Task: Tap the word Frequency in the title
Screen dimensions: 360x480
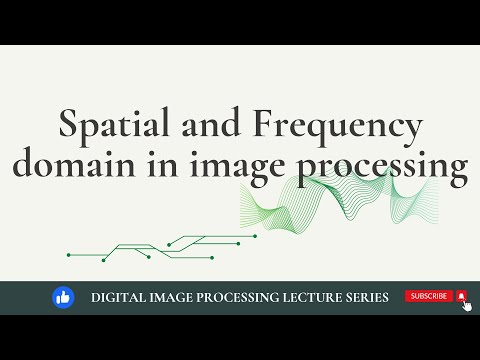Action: pyautogui.click(x=338, y=128)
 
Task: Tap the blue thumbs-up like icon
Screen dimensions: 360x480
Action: pyautogui.click(x=63, y=297)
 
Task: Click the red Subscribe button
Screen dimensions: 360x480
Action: pyautogui.click(x=428, y=296)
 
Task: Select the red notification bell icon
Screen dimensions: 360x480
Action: pyautogui.click(x=461, y=296)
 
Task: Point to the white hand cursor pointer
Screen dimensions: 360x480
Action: pyautogui.click(x=467, y=305)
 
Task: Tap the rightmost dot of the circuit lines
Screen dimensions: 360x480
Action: pyautogui.click(x=256, y=236)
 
